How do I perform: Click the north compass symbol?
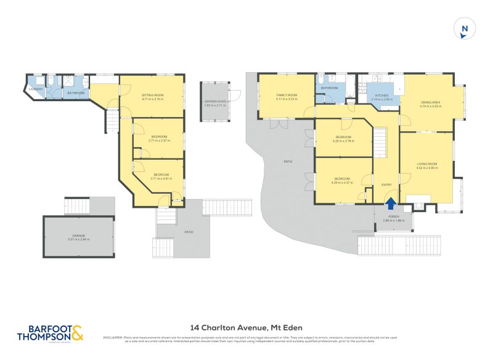pyautogui.click(x=465, y=28)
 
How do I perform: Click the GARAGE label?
pyautogui.click(x=78, y=236)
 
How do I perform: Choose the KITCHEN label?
pyautogui.click(x=382, y=96)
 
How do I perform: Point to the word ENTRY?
pyautogui.click(x=386, y=185)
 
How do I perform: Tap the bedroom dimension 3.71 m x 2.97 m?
pyautogui.click(x=158, y=141)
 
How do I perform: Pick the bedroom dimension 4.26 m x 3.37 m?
pyautogui.click(x=343, y=182)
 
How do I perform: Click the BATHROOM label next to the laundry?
pyautogui.click(x=76, y=93)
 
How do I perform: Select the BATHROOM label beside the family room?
pyautogui.click(x=329, y=88)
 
